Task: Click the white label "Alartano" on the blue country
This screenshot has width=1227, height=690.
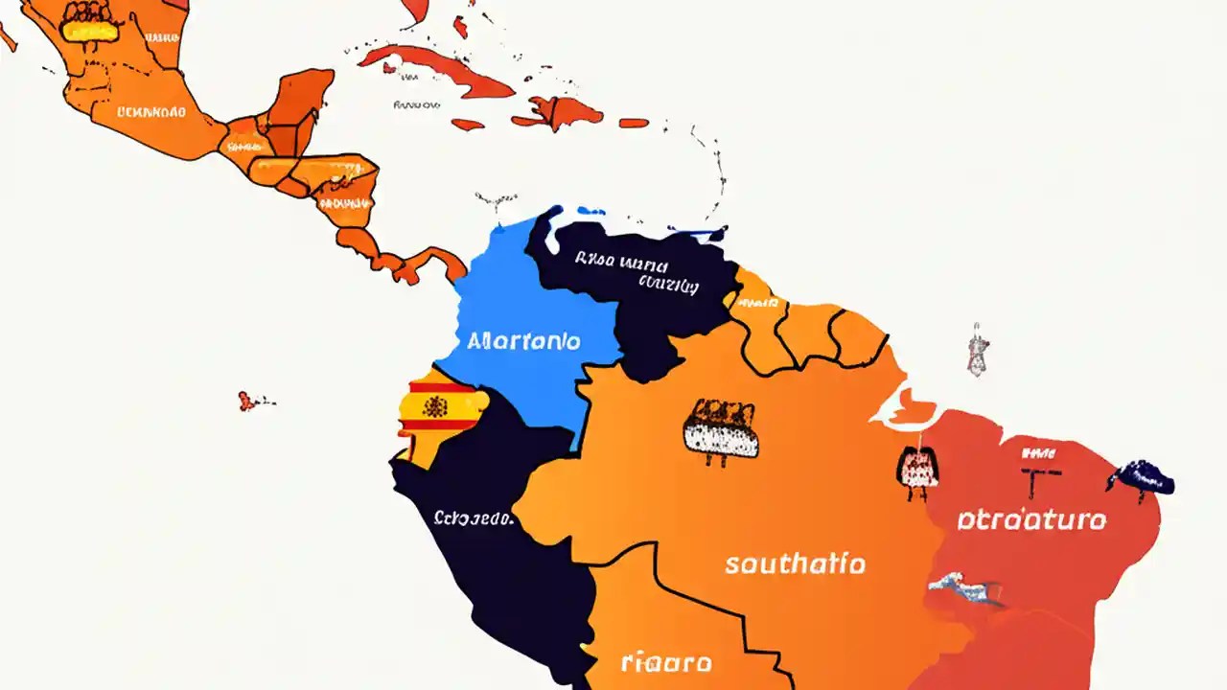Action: point(523,340)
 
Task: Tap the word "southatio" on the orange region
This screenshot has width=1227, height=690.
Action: point(795,563)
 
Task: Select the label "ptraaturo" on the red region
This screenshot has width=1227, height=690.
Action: point(1031,520)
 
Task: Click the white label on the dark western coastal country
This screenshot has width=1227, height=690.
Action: point(474,518)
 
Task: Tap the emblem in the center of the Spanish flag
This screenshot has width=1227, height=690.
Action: point(436,406)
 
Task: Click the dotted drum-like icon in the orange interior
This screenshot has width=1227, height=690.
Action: point(720,430)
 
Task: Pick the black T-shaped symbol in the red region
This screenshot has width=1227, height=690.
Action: point(1041,476)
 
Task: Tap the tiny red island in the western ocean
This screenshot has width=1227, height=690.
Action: point(247,401)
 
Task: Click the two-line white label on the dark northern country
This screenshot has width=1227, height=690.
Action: point(637,271)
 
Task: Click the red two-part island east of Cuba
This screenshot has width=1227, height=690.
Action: point(559,113)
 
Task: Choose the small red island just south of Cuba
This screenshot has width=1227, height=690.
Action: point(468,124)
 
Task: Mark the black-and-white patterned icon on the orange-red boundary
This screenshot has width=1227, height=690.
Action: point(916,470)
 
